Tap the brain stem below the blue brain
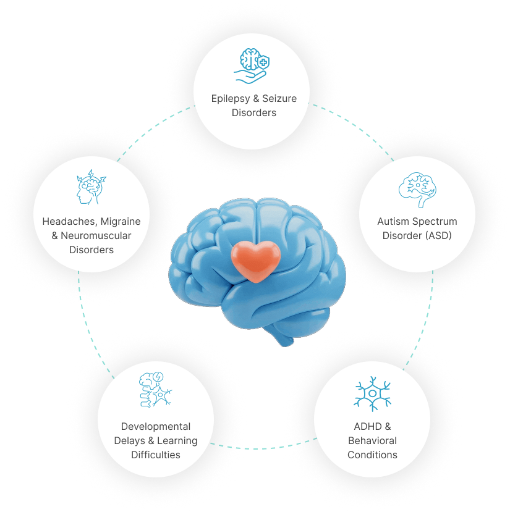coord(282,337)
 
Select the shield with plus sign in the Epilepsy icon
coord(263,62)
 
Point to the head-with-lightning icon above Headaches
coord(91,187)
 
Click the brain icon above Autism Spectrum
coord(417,190)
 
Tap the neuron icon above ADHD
coord(372,393)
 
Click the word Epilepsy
coord(231,99)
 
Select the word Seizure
coord(279,98)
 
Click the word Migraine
coord(121,221)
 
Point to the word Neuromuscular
coord(96,235)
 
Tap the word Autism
coord(393,221)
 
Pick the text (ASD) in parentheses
coord(436,235)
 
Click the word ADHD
coord(368,426)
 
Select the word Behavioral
coord(372,440)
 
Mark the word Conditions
coord(372,455)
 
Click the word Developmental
coord(156,426)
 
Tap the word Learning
coord(177,441)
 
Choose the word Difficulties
coord(156,455)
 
